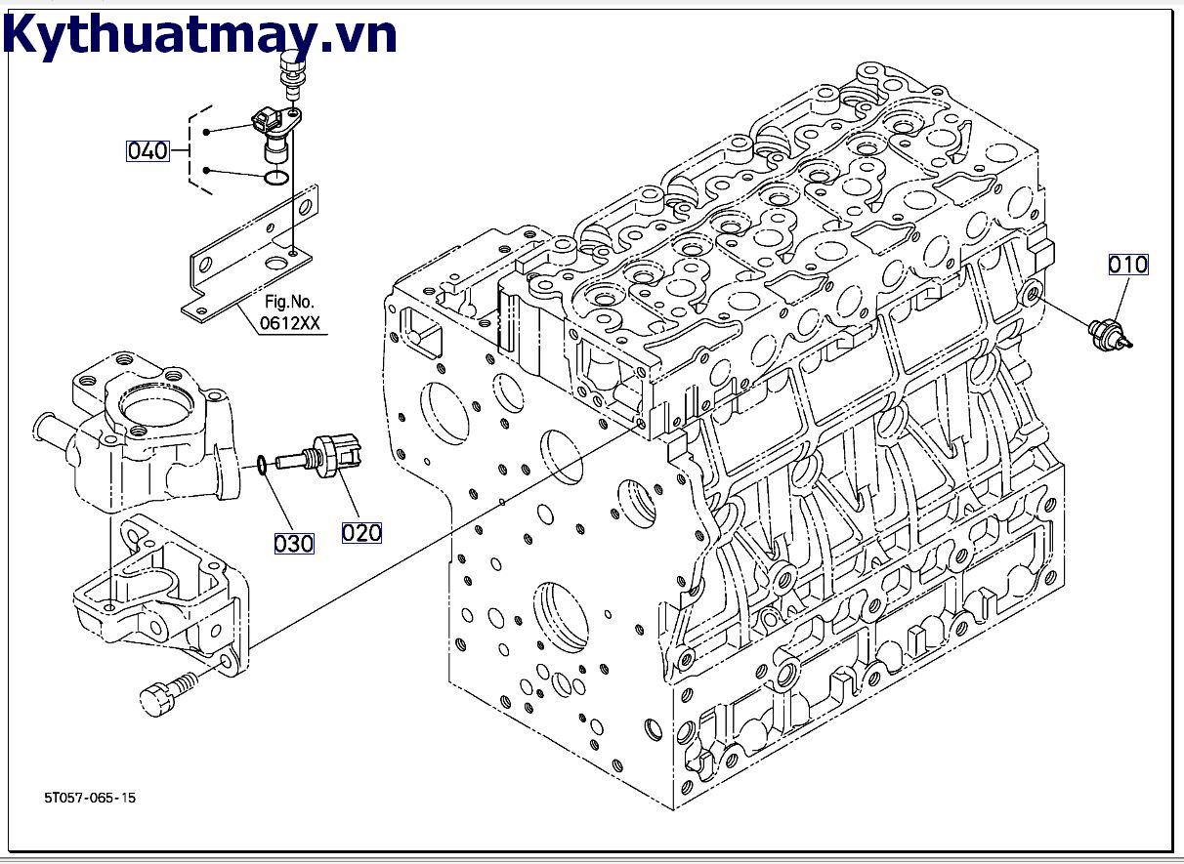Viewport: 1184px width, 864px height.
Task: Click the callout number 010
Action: tap(1127, 265)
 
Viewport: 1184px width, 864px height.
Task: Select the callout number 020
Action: tap(361, 532)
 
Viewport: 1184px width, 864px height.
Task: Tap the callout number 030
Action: tap(293, 544)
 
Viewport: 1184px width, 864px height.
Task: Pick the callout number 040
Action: tap(148, 150)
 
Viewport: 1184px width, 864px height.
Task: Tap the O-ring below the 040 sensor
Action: tap(276, 179)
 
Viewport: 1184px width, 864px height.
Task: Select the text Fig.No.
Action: tap(289, 302)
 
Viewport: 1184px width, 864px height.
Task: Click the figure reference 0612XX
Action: tap(289, 324)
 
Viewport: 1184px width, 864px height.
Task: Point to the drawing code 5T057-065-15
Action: tap(90, 798)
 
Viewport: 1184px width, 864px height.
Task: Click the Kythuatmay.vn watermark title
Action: tap(200, 35)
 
